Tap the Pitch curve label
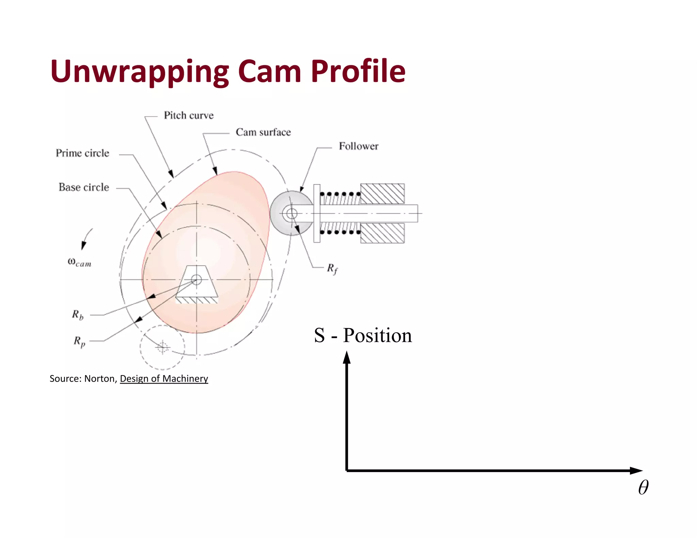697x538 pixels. tap(189, 115)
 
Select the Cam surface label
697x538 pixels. tap(263, 132)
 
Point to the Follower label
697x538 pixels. tap(358, 146)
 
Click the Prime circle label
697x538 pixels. tap(82, 153)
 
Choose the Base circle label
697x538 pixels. tap(84, 187)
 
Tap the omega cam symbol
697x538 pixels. tap(79, 262)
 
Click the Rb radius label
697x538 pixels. tap(78, 315)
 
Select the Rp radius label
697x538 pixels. tap(79, 341)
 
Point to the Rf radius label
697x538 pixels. tap(332, 268)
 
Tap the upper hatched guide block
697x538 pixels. tap(382, 194)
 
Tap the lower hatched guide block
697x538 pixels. tap(382, 233)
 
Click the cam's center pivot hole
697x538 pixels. tap(196, 280)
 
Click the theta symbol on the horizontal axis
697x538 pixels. tap(643, 487)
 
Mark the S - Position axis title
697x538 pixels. tap(363, 335)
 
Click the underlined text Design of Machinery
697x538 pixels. tap(164, 379)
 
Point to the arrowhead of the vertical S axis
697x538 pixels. tap(346, 357)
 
